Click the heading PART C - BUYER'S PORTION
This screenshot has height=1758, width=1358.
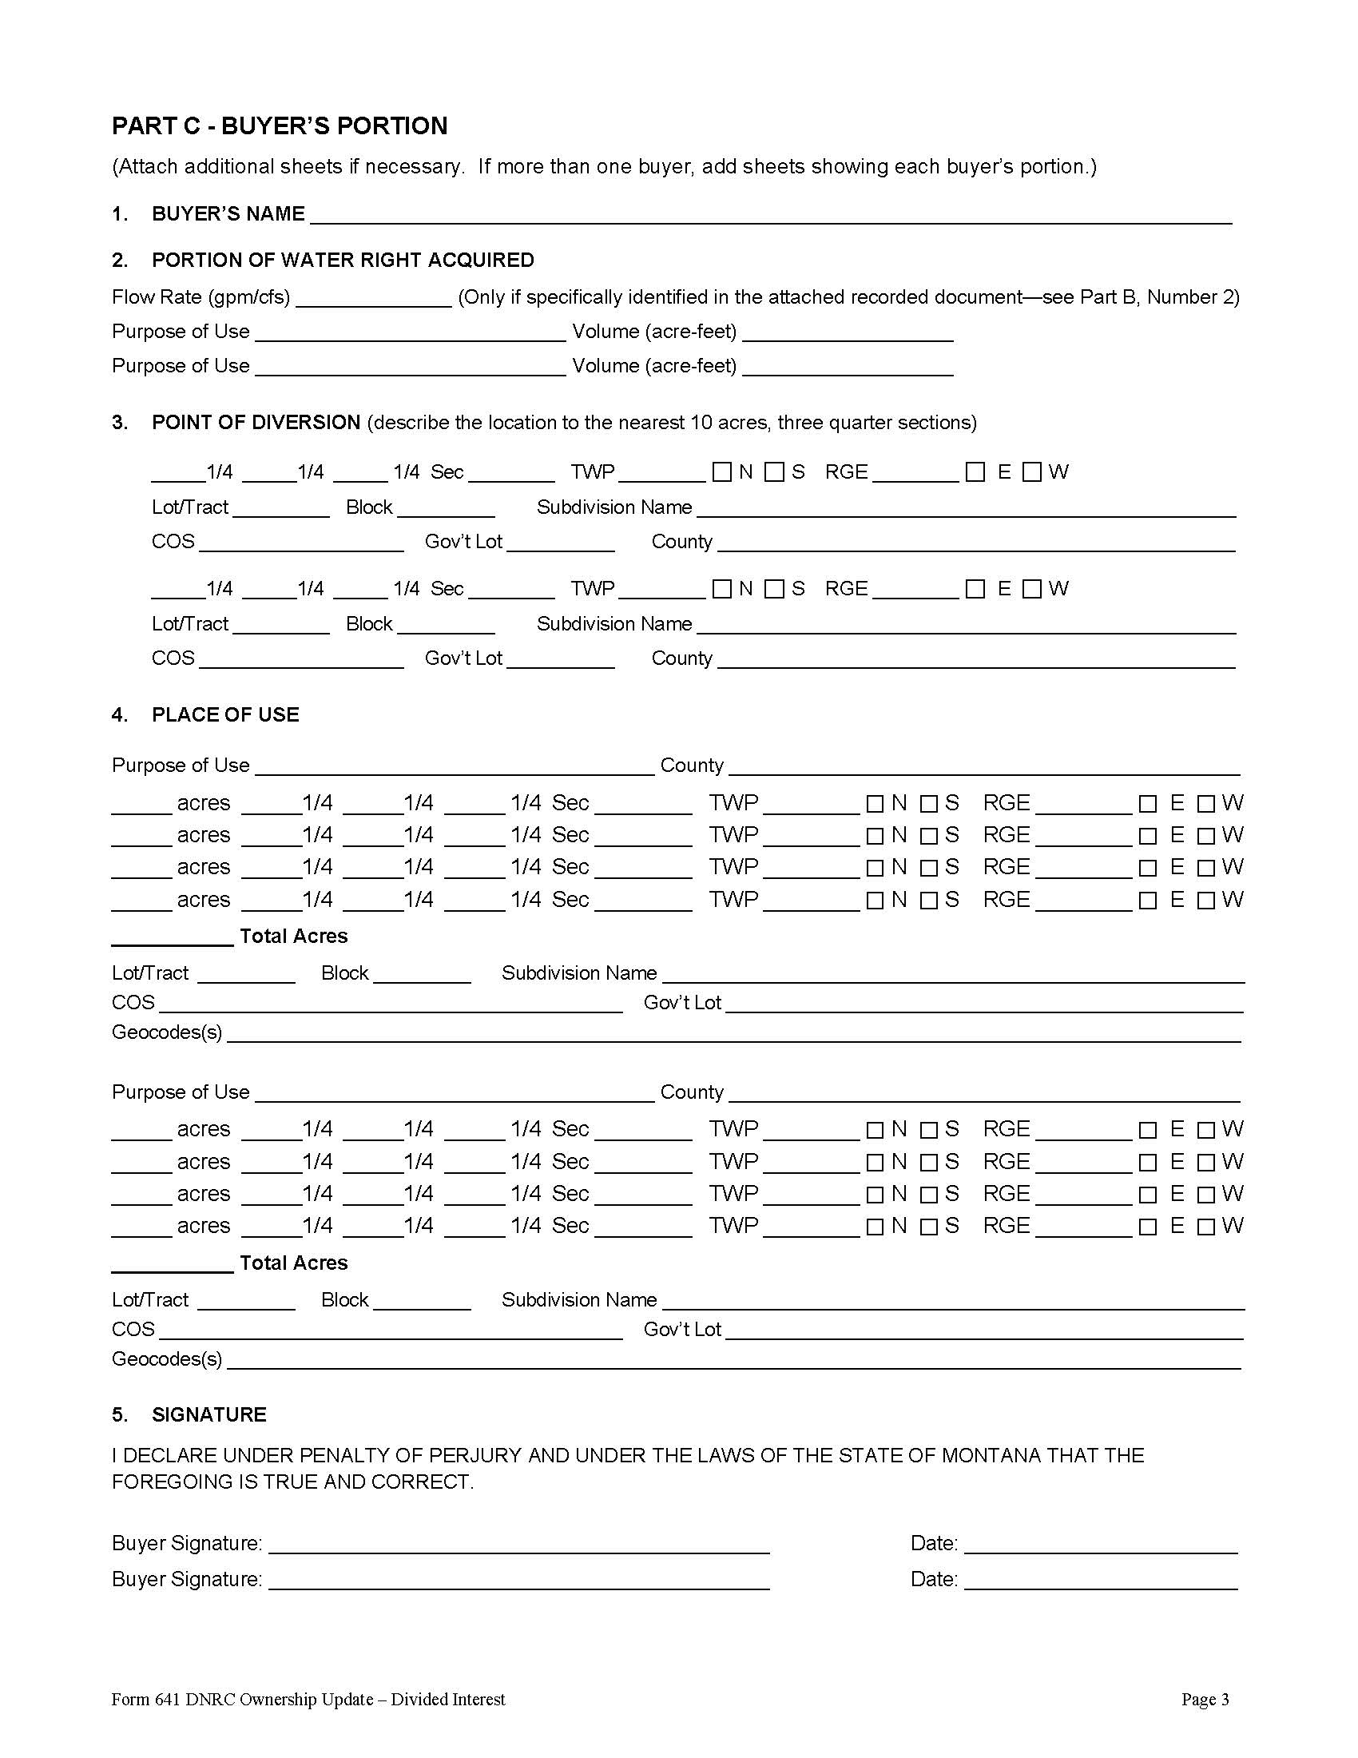279,126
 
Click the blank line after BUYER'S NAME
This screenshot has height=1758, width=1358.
770,216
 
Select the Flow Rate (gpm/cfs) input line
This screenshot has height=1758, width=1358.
373,300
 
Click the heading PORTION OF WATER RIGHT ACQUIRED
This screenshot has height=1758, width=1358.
343,260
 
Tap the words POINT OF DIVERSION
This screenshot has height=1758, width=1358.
256,423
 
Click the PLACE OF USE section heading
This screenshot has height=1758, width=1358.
225,715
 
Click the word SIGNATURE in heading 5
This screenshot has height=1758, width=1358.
209,1414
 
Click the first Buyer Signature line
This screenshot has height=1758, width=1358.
519,1545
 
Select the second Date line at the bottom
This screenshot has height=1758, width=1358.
1100,1581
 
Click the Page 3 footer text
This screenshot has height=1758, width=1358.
1205,1699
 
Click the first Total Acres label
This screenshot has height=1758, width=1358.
294,937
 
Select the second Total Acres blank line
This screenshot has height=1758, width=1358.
173,1265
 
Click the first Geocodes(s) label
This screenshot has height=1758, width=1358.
166,1032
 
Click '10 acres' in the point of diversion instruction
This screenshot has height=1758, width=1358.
728,423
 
